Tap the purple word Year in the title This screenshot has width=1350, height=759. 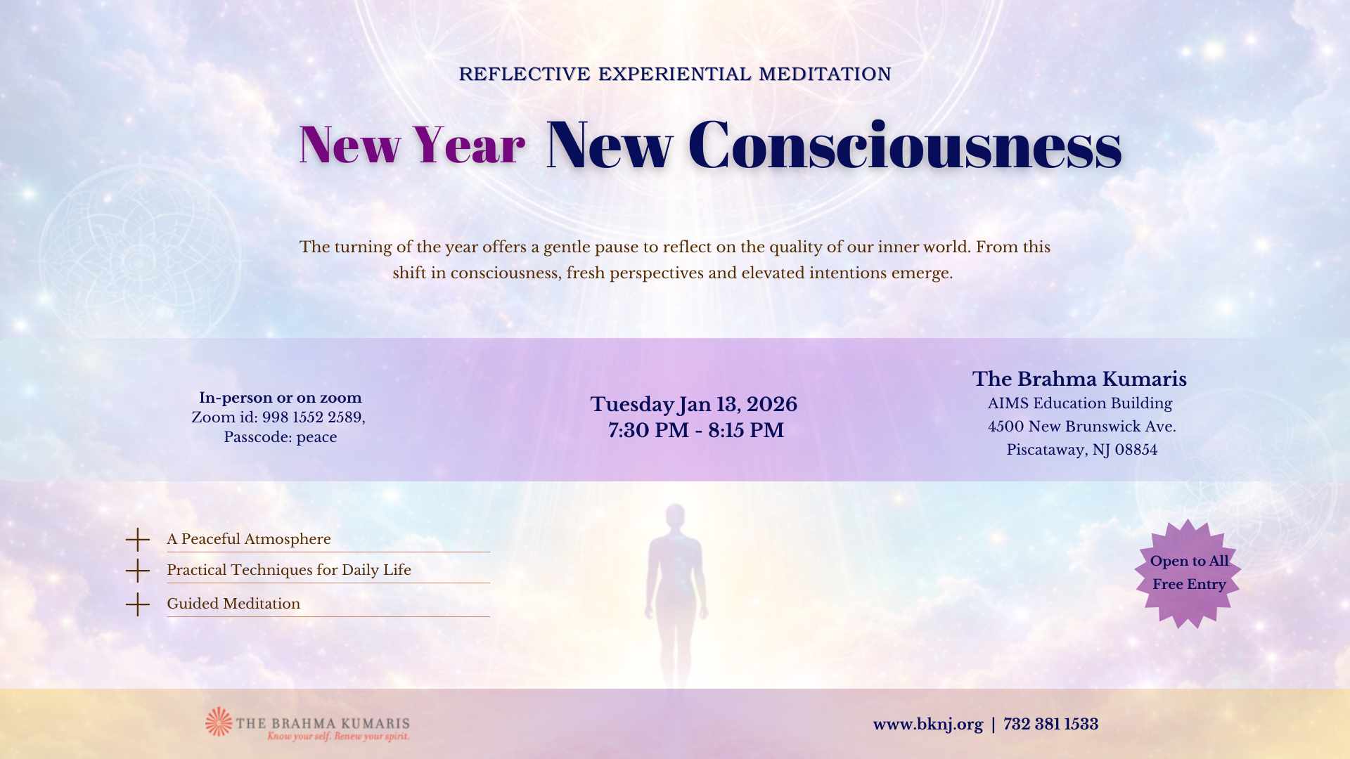468,145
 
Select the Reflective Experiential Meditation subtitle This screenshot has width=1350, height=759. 675,74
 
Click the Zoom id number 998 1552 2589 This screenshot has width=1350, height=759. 312,417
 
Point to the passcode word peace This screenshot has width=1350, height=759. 316,438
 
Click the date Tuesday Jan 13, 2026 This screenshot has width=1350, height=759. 694,405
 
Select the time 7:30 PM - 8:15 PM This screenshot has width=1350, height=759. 696,430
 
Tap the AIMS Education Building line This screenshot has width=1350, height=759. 1080,403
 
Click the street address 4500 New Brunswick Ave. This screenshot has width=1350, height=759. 1082,427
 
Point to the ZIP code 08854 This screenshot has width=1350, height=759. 1136,450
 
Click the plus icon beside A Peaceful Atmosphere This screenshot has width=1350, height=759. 138,540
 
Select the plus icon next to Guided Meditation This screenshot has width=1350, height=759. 138,604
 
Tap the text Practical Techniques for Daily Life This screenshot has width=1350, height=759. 289,570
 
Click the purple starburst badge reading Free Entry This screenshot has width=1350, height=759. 1188,573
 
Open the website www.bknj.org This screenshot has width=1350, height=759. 928,725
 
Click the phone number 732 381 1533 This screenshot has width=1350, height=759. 1051,725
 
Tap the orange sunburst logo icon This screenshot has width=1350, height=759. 219,722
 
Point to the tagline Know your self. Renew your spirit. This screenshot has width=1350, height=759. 338,737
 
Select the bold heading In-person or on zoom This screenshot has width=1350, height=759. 281,398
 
